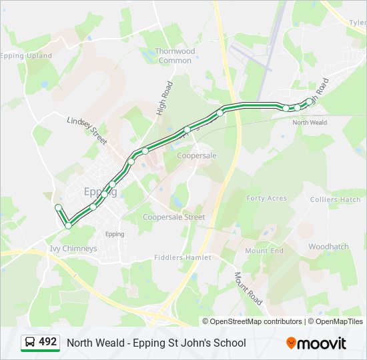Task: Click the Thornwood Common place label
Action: tap(175, 56)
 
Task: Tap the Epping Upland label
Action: tap(27, 56)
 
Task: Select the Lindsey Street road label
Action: tap(87, 129)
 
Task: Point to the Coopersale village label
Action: tap(197, 155)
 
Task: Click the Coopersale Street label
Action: tap(174, 217)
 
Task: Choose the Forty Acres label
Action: tap(267, 199)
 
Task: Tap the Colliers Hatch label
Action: tap(336, 199)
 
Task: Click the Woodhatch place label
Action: tap(328, 247)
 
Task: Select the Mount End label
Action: tap(264, 251)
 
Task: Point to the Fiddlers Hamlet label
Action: tap(182, 257)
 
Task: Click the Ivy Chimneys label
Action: tap(73, 249)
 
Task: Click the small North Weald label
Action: tap(310, 123)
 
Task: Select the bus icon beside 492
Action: tap(30, 342)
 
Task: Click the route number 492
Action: tap(48, 342)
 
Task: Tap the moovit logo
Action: tap(316, 343)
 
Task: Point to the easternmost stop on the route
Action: tap(309, 101)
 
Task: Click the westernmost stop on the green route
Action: tap(58, 207)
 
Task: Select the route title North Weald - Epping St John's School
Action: tap(156, 343)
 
